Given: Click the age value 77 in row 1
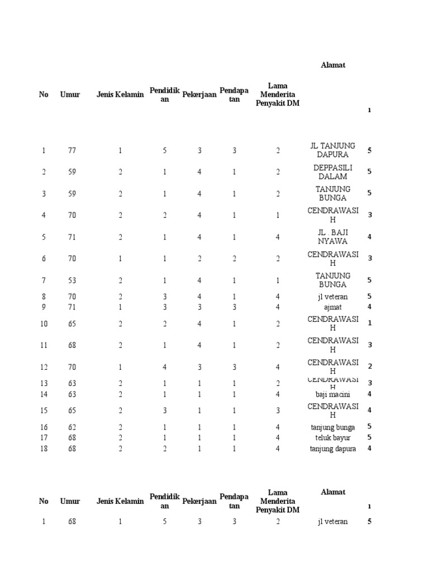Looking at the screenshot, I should tap(72, 150).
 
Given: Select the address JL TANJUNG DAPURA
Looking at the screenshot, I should tap(333, 150).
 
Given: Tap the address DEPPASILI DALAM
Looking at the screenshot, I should tap(333, 172).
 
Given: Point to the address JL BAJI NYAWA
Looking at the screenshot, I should tap(333, 237).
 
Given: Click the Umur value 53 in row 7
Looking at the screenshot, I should tap(72, 280).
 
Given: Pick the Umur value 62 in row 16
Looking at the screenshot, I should tap(72, 427).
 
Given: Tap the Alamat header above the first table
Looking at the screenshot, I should tap(333, 65).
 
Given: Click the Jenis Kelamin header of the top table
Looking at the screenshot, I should tap(120, 94).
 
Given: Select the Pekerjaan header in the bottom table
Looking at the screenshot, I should tap(199, 501).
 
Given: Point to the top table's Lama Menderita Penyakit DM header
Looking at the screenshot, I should tap(278, 94).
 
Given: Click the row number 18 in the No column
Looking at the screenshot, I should tap(44, 449).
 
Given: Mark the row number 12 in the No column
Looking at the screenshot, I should tap(44, 367).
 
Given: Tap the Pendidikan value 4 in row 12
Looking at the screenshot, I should tap(165, 367).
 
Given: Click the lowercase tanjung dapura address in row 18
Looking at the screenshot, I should tap(333, 449).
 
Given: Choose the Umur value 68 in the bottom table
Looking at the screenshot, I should tap(72, 522).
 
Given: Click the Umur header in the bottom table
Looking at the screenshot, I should tap(70, 501).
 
